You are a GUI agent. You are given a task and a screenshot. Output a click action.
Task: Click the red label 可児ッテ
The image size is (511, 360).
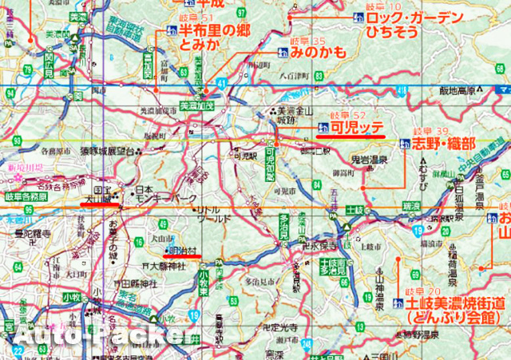358,126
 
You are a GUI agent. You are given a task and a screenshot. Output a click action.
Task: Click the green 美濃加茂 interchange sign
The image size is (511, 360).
197,104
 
